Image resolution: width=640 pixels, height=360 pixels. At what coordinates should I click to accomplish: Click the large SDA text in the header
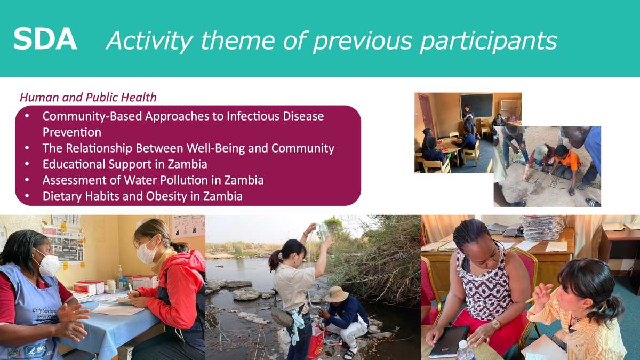45,39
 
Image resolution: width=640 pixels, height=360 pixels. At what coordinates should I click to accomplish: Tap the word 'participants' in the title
489,41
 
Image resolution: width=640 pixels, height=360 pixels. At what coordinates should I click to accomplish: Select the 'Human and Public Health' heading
88,98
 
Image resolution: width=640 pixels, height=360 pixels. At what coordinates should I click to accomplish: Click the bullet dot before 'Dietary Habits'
27,196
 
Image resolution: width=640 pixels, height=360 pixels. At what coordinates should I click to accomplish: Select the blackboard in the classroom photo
476,106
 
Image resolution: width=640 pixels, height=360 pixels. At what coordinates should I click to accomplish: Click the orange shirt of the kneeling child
571,159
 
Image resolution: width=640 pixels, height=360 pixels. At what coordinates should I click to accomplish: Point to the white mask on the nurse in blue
47,265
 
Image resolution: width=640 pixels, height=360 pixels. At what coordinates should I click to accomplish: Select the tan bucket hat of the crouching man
337,294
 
